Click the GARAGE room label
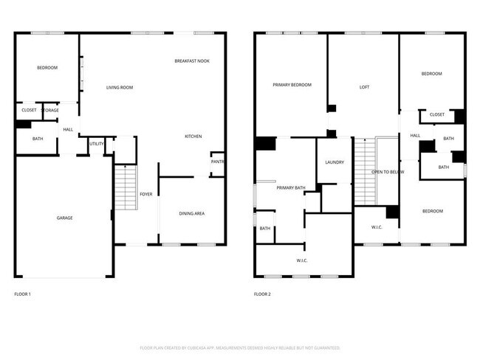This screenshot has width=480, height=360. [x=64, y=218]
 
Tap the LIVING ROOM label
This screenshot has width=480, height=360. [x=119, y=88]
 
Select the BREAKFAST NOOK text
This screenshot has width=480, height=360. [x=192, y=60]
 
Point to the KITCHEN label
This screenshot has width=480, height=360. [x=193, y=136]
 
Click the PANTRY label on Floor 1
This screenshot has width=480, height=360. [x=218, y=162]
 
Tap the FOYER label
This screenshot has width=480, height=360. [x=146, y=194]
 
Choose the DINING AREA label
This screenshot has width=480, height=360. [x=191, y=214]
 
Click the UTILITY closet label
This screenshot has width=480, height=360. [x=97, y=144]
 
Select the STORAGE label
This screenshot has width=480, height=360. [x=50, y=111]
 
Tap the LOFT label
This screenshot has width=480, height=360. [x=364, y=87]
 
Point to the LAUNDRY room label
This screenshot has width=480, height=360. [x=335, y=162]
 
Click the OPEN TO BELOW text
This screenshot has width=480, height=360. [x=388, y=172]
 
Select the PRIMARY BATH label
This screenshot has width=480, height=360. [x=291, y=188]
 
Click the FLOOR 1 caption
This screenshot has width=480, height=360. [x=23, y=294]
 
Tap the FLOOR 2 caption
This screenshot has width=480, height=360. [x=262, y=294]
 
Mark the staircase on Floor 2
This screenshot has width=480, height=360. [x=364, y=171]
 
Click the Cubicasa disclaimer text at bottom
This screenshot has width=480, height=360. [x=240, y=347]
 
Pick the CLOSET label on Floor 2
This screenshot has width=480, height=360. [x=436, y=114]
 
